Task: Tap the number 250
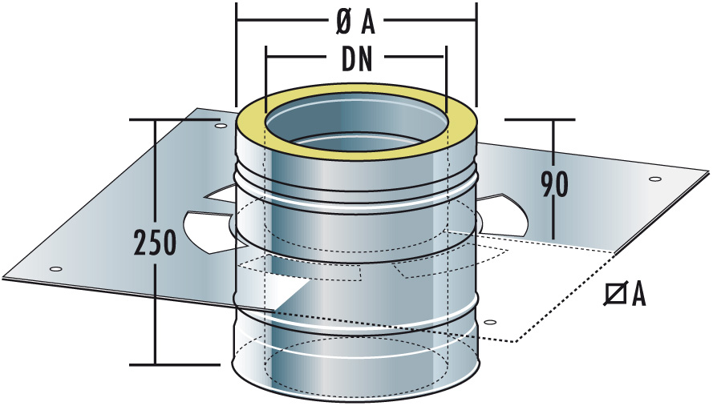153,242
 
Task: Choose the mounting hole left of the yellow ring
219,125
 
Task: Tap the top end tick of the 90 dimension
553,120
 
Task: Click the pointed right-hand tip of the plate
708,171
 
